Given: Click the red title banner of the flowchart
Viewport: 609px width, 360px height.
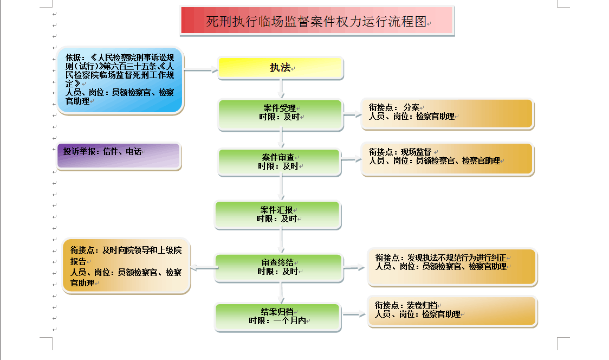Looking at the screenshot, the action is coord(317,21).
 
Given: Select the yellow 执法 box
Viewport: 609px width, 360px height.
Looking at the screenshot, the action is coord(281,68).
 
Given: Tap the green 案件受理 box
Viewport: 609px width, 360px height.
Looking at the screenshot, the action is coord(281,115).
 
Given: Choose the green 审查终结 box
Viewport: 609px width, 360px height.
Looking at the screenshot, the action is coord(279,268).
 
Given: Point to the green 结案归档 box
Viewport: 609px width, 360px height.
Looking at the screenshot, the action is coord(278,317).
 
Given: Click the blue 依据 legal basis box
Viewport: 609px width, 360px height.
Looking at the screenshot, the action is coord(120,80).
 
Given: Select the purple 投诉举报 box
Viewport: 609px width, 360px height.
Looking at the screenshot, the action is coord(119,156).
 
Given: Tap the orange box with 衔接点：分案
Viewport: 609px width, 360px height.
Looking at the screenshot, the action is coord(448,113).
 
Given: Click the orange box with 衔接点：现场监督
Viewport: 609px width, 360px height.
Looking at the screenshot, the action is coord(448,159).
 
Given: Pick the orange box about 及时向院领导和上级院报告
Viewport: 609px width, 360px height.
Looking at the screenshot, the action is coord(126,266).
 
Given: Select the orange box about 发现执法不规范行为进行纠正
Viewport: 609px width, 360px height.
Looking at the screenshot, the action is coord(452,267).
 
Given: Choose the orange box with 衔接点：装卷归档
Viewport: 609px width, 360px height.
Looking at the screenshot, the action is coord(452,311).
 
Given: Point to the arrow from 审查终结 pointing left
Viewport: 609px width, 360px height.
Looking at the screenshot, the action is coord(204,268).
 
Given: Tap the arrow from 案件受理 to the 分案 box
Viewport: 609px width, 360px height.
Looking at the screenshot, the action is coord(352,114).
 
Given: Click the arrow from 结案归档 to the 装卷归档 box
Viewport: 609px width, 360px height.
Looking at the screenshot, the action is coord(354,314).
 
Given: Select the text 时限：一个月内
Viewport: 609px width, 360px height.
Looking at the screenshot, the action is coord(277,321).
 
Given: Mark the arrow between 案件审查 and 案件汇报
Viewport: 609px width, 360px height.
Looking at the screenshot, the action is coord(282,188).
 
